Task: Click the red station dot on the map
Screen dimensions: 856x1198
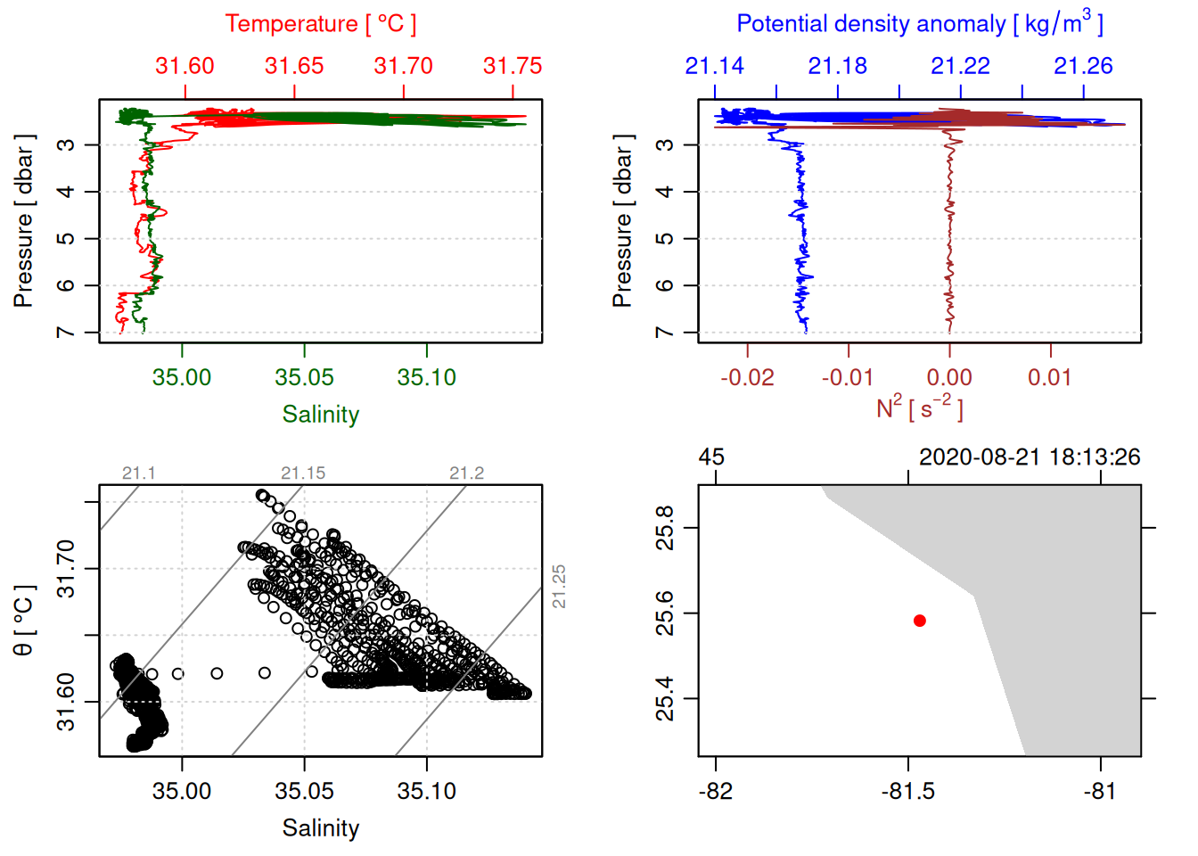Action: click(x=920, y=621)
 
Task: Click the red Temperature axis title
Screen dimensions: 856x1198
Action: click(x=320, y=24)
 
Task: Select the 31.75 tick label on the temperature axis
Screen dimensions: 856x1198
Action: click(x=513, y=66)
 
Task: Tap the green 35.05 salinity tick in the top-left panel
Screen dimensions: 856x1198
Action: click(x=305, y=377)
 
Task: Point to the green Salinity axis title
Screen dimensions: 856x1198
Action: click(x=320, y=415)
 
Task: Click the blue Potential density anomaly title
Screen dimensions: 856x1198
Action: click(x=919, y=24)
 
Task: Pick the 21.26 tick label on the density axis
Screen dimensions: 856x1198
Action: click(x=1083, y=66)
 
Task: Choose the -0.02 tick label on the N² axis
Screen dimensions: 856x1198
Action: click(x=747, y=377)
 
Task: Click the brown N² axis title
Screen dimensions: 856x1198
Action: click(x=919, y=408)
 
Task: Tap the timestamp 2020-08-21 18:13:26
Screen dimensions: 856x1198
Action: click(x=1030, y=457)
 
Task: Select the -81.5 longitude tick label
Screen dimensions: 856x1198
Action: click(x=908, y=791)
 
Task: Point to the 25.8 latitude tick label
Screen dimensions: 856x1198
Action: click(x=665, y=528)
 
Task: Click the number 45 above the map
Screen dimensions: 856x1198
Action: click(x=711, y=457)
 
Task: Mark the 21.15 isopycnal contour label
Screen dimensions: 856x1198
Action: click(x=303, y=473)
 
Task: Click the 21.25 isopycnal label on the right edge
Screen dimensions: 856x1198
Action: click(x=559, y=587)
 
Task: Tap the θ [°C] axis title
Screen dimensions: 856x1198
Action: click(x=23, y=621)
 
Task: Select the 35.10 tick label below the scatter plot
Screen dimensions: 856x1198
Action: click(x=427, y=791)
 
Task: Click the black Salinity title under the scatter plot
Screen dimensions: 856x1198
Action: click(x=320, y=828)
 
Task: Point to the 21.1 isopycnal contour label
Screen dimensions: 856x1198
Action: click(x=139, y=473)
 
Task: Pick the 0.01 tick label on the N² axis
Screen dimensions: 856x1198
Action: click(x=1050, y=377)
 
